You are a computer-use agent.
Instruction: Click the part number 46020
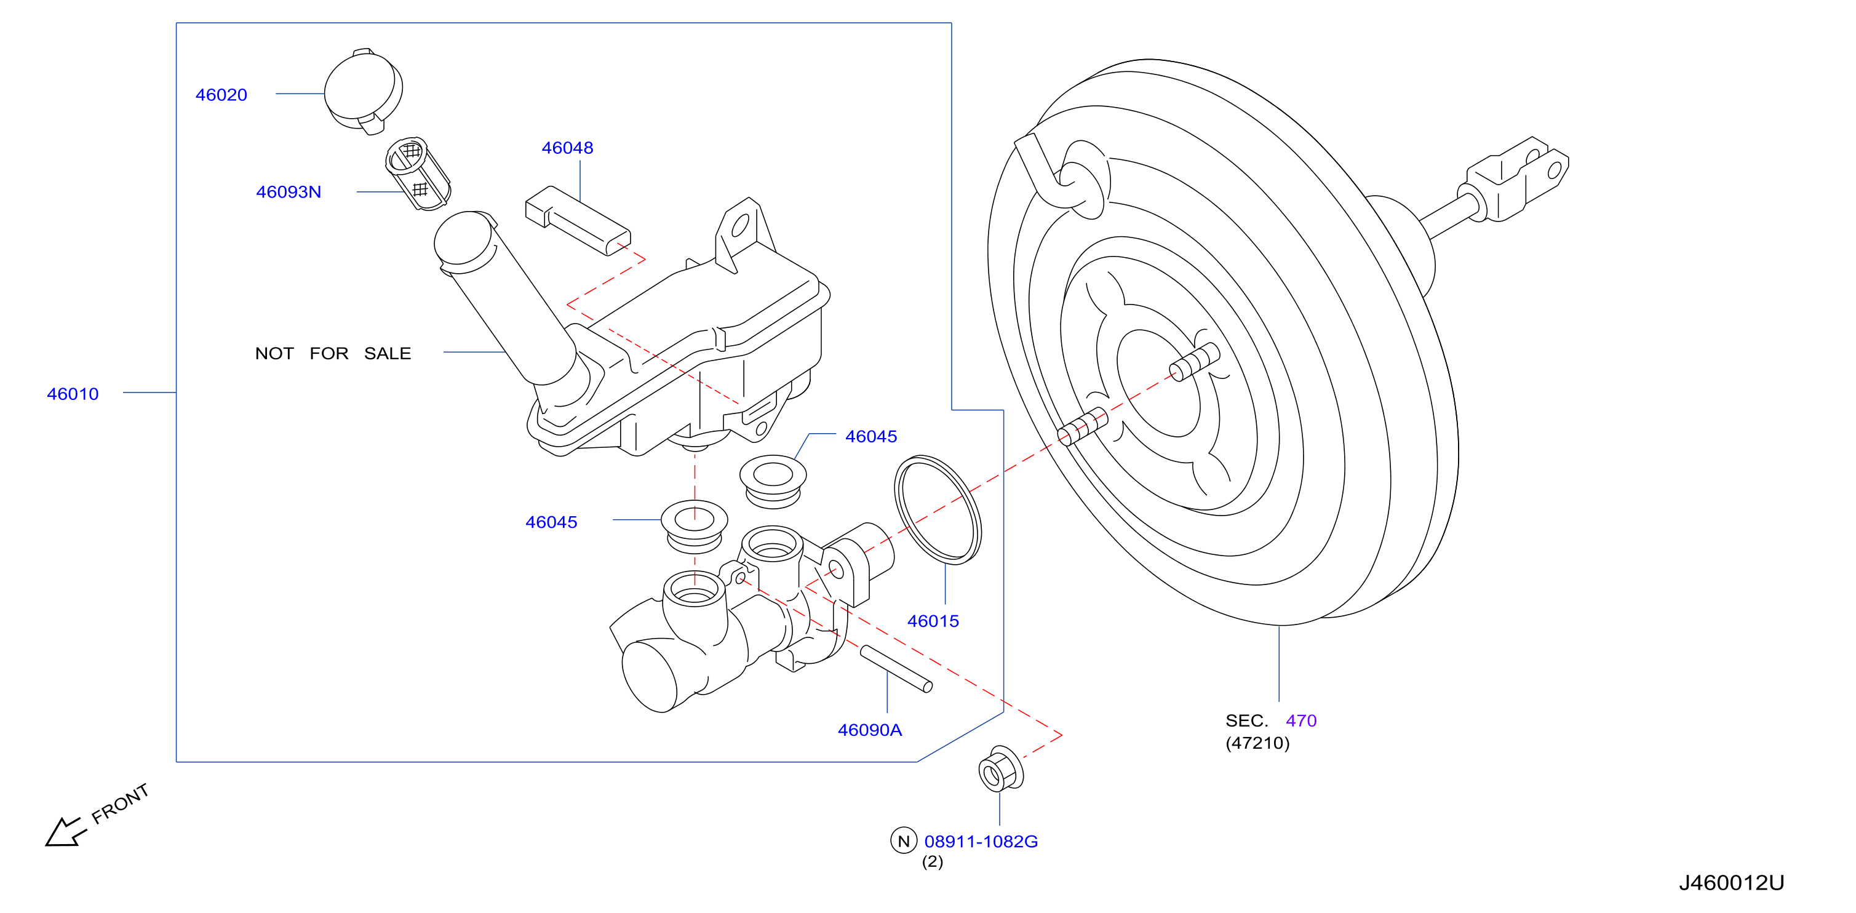[x=221, y=94]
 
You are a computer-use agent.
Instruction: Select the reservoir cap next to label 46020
[x=363, y=92]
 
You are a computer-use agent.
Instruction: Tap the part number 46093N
[x=288, y=192]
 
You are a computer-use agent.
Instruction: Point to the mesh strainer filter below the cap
[x=418, y=173]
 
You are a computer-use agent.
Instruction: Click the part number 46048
[x=567, y=148]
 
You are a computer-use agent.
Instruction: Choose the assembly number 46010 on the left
[x=73, y=394]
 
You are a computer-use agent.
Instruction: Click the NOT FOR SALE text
[x=333, y=353]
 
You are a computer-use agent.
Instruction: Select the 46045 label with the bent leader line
[x=871, y=436]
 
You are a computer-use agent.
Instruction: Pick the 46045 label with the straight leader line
[x=551, y=522]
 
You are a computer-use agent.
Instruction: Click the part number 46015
[x=933, y=620]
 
